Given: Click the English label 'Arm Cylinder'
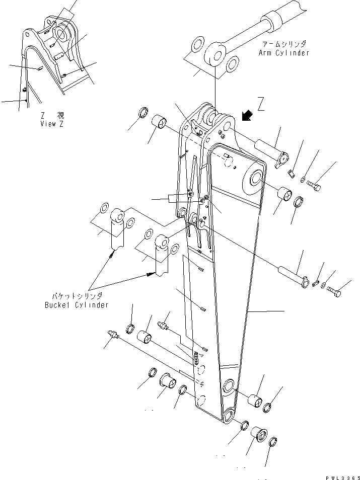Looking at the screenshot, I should (284, 53).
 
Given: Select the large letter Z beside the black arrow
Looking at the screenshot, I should (260, 105).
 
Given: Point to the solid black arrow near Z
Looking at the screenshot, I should (247, 116).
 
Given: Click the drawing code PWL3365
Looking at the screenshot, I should (341, 475).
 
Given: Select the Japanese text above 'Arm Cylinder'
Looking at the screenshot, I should (284, 45).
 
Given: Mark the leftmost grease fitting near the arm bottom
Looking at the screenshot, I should (113, 335).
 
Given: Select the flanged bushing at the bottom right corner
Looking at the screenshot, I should (259, 433).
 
